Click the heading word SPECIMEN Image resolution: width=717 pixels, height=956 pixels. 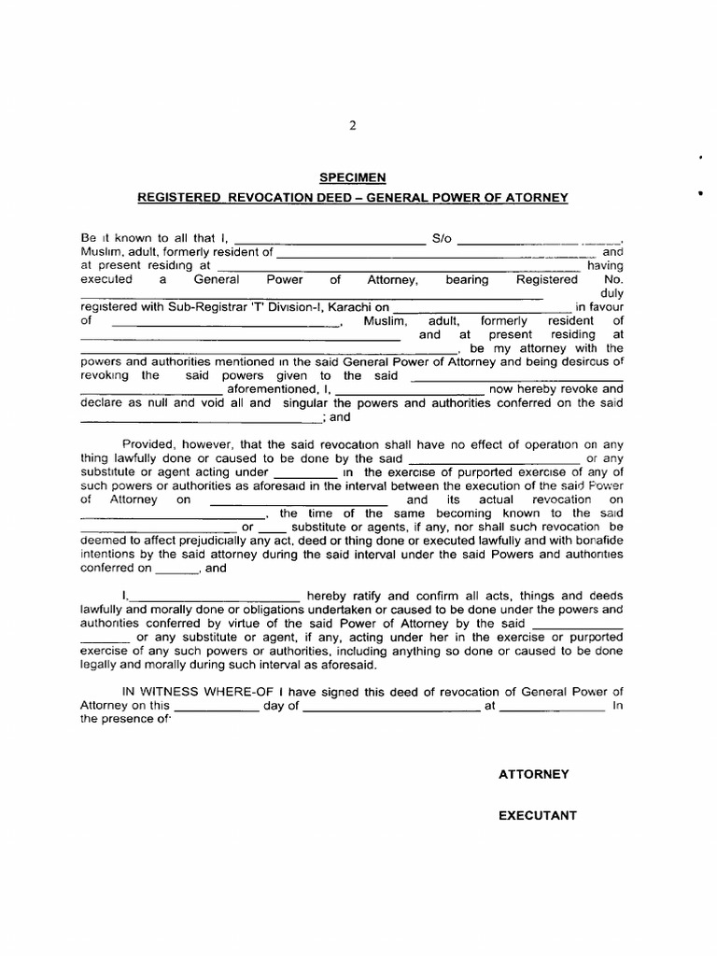point(353,177)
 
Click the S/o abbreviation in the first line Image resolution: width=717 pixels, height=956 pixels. point(442,238)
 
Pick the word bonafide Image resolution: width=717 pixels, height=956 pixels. point(590,541)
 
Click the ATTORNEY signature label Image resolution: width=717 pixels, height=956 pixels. point(533,775)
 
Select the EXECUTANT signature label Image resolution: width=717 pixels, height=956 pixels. point(537,815)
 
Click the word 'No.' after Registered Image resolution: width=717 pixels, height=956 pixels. point(613,279)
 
